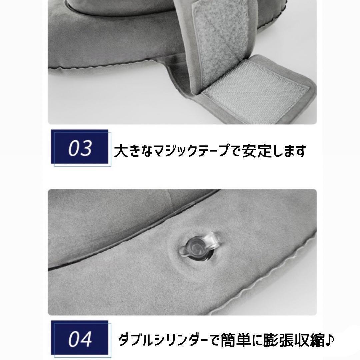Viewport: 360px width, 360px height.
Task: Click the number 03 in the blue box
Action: [x=80, y=148]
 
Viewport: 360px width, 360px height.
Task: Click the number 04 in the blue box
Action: [x=80, y=340]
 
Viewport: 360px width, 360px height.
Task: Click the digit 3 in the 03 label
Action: [x=86, y=148]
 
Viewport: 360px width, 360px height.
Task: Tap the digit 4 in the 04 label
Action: [x=86, y=340]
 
